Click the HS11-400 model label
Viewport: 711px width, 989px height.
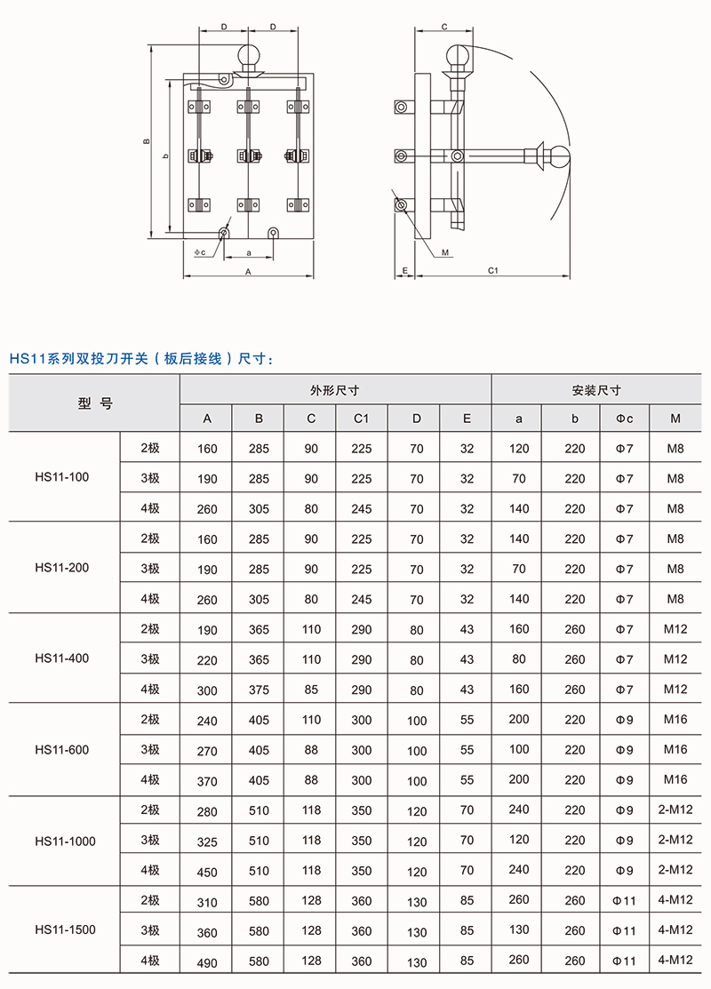[62, 658]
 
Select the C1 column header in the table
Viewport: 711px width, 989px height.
[362, 419]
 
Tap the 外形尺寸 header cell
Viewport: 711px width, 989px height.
[335, 389]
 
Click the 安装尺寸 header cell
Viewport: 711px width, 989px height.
[596, 389]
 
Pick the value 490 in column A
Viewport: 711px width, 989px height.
[206, 962]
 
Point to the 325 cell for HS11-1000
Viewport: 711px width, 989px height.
[206, 841]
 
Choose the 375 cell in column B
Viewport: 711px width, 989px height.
[259, 690]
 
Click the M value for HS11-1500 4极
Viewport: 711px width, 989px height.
[675, 960]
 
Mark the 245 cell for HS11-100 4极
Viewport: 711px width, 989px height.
[362, 509]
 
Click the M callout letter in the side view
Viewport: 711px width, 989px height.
[445, 251]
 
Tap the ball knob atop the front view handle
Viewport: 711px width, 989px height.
[250, 57]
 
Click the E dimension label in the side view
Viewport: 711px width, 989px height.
[404, 269]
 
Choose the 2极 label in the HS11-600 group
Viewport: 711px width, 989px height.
[150, 720]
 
